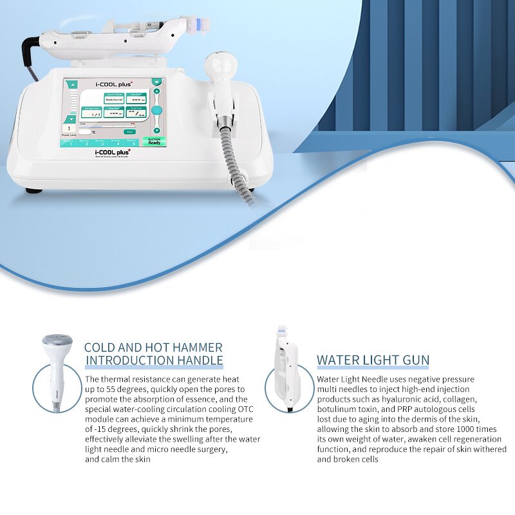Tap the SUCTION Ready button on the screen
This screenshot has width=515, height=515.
tap(154, 141)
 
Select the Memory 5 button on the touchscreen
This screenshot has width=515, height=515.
tap(133, 142)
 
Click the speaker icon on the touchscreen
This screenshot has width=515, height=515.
tap(156, 82)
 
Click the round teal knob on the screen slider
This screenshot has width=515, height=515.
tap(156, 110)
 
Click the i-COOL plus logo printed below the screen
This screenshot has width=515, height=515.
tap(113, 153)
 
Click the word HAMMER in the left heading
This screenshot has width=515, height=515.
tap(195, 348)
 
